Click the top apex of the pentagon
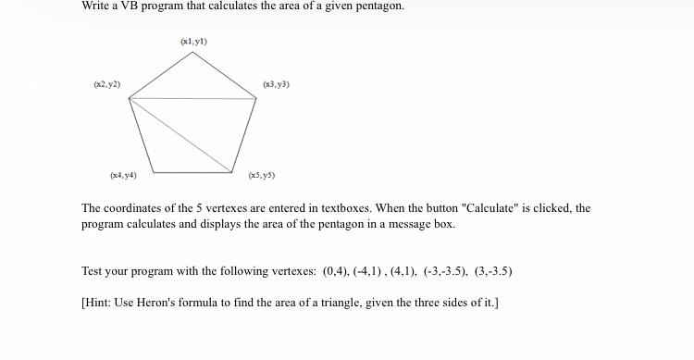pyautogui.click(x=192, y=52)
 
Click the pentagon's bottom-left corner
pyautogui.click(x=154, y=172)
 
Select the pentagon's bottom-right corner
pyautogui.click(x=232, y=172)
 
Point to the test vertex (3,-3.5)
pyautogui.click(x=493, y=271)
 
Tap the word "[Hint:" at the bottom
pyautogui.click(x=96, y=303)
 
